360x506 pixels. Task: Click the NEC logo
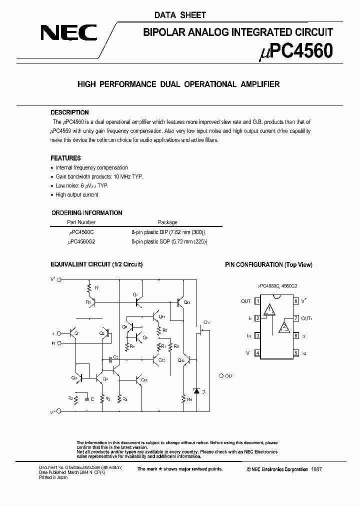point(68,33)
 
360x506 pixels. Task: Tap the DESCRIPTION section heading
point(69,112)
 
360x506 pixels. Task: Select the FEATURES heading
point(65,158)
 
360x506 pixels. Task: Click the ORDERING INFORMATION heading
point(86,212)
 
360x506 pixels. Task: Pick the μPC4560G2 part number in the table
point(81,241)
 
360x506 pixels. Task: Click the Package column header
point(167,222)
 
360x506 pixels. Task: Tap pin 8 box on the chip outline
point(296,301)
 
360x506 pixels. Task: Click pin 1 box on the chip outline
point(257,301)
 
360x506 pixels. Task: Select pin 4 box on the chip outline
point(257,353)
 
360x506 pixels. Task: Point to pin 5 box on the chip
point(296,353)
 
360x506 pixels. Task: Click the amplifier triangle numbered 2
point(284,327)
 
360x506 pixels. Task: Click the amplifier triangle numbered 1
point(270,310)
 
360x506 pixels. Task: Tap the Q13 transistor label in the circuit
point(187,303)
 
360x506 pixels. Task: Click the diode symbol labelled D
point(196,390)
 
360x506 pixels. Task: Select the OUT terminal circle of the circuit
point(222,375)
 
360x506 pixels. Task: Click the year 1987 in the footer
point(317,469)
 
